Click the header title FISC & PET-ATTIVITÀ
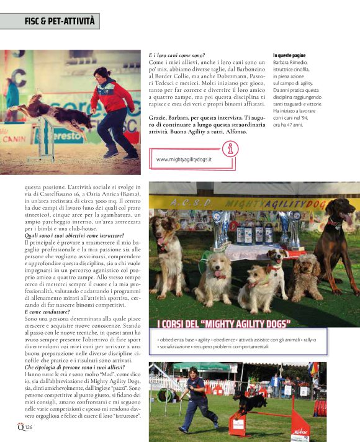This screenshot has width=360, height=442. [60, 21]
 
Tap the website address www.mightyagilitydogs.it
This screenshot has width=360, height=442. [184, 159]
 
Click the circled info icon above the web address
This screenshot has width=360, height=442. [230, 149]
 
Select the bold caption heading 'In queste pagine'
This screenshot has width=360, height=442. [289, 56]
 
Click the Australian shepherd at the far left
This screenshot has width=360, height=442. [168, 261]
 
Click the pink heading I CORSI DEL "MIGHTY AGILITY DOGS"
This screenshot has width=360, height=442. [224, 324]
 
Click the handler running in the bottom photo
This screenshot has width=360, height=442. [196, 397]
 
